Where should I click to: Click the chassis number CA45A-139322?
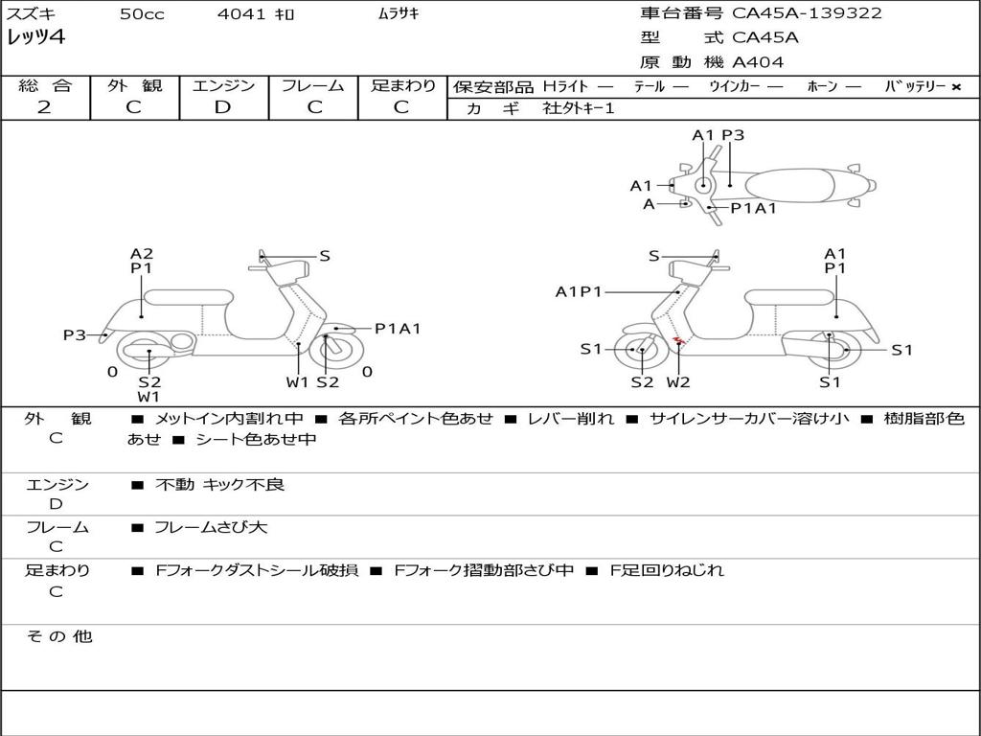[x=807, y=13]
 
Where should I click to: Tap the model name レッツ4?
[x=35, y=38]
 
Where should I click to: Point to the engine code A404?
[x=758, y=62]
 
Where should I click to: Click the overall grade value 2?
[x=44, y=107]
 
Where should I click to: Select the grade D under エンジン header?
[x=222, y=107]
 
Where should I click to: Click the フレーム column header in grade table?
[x=312, y=85]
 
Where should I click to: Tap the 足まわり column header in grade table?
[x=402, y=85]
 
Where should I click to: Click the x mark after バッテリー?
[x=955, y=87]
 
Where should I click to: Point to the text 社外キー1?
[x=579, y=108]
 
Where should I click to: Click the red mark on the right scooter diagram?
[x=678, y=339]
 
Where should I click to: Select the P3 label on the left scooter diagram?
[x=75, y=334]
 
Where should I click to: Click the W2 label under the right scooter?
[x=678, y=382]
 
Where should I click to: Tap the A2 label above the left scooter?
[x=142, y=254]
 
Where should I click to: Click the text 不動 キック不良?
[x=219, y=485]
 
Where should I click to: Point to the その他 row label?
[x=58, y=636]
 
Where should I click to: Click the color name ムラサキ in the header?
[x=393, y=14]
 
